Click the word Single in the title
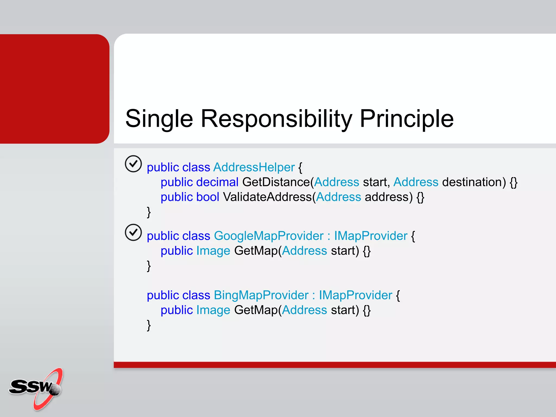pyautogui.click(x=159, y=119)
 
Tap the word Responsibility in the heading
pyautogui.click(x=276, y=119)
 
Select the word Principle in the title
pyautogui.click(x=406, y=119)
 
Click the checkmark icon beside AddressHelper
pyautogui.click(x=133, y=164)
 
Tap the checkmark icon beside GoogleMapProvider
pyautogui.click(x=133, y=233)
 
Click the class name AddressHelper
pyautogui.click(x=254, y=167)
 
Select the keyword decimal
pyautogui.click(x=217, y=182)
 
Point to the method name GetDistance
pyautogui.click(x=276, y=182)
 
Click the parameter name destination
pyautogui.click(x=474, y=182)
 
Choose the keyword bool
pyautogui.click(x=207, y=197)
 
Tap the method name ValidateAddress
pyautogui.click(x=267, y=197)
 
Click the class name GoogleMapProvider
pyautogui.click(x=268, y=236)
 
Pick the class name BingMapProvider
pyautogui.click(x=261, y=295)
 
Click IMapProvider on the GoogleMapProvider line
pyautogui.click(x=371, y=236)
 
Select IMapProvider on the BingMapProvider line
pyautogui.click(x=355, y=295)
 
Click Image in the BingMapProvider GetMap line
pyautogui.click(x=213, y=310)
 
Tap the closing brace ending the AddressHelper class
pyautogui.click(x=149, y=212)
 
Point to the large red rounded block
pyautogui.click(x=54, y=89)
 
